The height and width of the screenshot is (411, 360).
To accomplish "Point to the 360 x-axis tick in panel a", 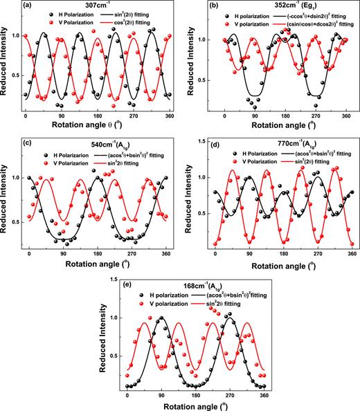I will (x=162, y=114).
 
